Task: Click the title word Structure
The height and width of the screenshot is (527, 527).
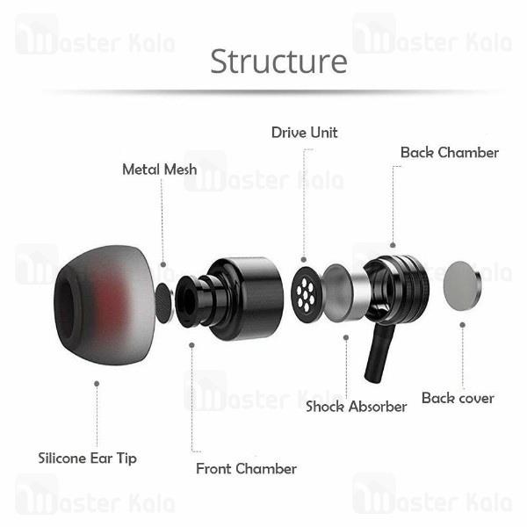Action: [x=278, y=61]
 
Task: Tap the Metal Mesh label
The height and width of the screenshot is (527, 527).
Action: [x=160, y=170]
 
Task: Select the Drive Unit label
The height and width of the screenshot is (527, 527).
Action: [x=305, y=133]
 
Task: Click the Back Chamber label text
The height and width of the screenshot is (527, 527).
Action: [x=450, y=153]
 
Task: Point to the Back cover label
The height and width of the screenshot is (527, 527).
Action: [x=458, y=398]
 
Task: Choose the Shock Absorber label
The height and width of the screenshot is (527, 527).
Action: [x=357, y=407]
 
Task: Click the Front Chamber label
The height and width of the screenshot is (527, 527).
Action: [x=246, y=469]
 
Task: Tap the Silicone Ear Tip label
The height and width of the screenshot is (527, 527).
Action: [x=87, y=458]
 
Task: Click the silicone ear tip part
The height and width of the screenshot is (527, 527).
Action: [x=105, y=305]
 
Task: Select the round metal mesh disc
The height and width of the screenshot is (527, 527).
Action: [x=165, y=304]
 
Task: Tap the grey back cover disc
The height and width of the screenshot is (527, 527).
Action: [x=462, y=286]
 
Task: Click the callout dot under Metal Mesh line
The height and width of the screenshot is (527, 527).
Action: [x=163, y=264]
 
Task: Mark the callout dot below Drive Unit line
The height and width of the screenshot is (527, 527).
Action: [x=304, y=259]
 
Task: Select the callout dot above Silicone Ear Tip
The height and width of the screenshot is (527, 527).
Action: [x=97, y=384]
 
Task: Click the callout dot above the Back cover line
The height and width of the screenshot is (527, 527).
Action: [x=463, y=325]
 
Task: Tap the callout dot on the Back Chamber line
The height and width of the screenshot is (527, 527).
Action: [x=393, y=245]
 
